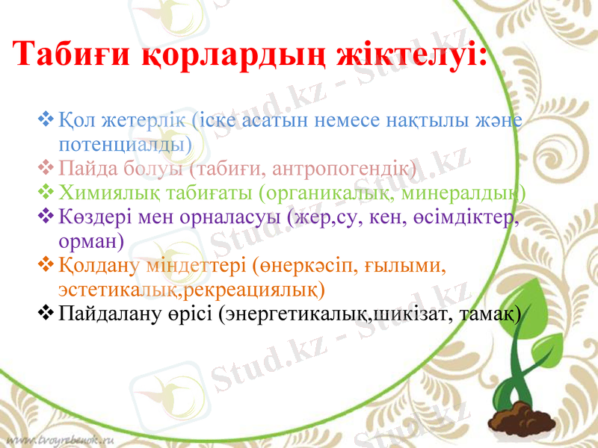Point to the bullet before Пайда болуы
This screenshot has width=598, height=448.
(x=45, y=167)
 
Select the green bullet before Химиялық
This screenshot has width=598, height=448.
(x=45, y=192)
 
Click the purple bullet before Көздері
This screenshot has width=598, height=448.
(x=45, y=217)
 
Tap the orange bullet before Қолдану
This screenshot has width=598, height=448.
(x=45, y=265)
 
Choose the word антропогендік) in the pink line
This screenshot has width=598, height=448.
(x=352, y=167)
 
